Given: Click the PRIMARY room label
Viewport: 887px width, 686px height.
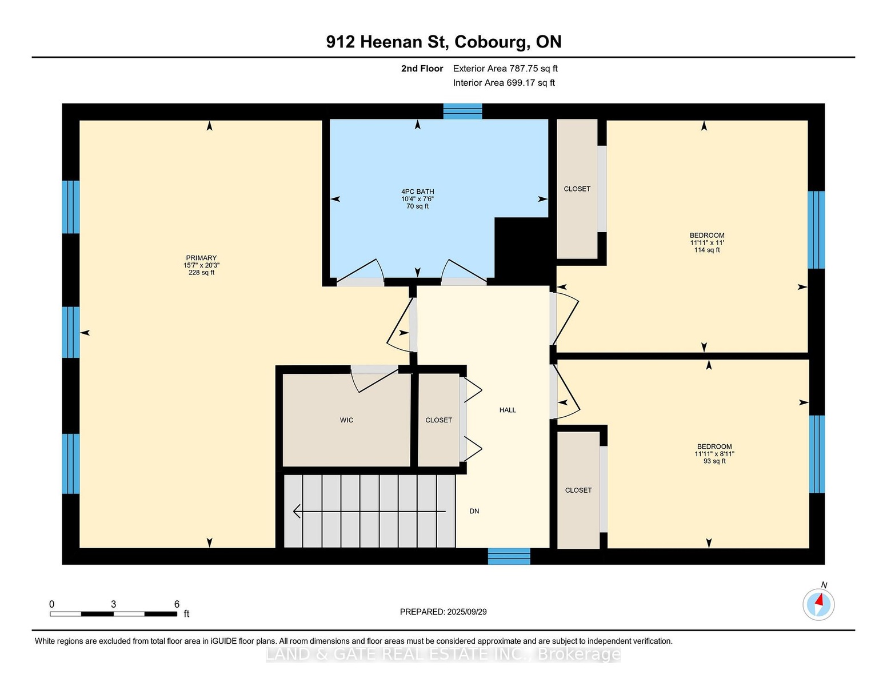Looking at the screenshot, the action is click(x=201, y=258).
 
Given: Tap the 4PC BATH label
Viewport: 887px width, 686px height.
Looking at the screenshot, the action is click(x=418, y=192).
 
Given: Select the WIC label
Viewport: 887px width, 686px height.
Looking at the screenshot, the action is click(x=346, y=420).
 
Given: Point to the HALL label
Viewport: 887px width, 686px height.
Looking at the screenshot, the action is click(x=508, y=410).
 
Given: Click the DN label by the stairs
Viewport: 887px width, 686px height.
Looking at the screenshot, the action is click(x=474, y=511).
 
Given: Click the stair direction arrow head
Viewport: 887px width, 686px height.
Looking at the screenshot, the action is click(x=297, y=511).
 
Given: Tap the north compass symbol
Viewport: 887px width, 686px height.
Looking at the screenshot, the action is click(x=818, y=604).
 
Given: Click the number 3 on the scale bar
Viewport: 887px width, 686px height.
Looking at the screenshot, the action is click(x=114, y=604).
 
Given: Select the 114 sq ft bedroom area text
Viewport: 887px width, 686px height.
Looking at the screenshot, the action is click(x=707, y=250).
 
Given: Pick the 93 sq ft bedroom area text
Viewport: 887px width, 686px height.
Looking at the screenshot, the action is click(x=714, y=461).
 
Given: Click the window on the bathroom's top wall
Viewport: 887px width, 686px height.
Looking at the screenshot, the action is click(x=462, y=111).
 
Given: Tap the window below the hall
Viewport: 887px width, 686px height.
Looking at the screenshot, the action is click(x=509, y=556).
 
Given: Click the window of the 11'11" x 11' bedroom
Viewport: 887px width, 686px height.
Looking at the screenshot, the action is click(x=816, y=230).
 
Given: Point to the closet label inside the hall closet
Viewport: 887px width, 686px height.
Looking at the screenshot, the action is click(x=439, y=420).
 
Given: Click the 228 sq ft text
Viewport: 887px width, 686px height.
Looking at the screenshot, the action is click(x=201, y=273).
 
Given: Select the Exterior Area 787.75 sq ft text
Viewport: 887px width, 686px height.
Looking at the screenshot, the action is click(x=505, y=69).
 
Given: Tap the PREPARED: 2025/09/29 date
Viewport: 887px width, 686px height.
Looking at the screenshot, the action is click(x=443, y=612).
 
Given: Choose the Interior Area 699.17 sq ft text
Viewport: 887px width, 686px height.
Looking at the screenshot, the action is click(x=504, y=83).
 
